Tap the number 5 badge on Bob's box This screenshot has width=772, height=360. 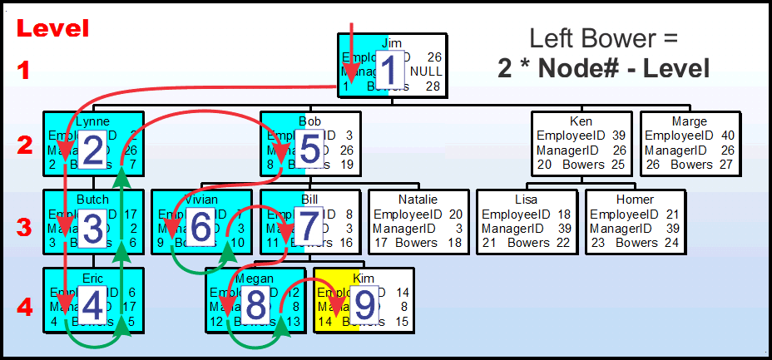(x=309, y=150)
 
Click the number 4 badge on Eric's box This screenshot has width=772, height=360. (x=92, y=305)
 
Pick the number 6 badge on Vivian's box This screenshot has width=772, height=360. (x=200, y=227)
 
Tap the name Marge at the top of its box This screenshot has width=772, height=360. (x=689, y=121)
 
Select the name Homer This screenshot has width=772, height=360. (x=635, y=200)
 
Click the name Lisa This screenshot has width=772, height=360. (x=527, y=200)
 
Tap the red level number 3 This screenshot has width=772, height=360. (x=25, y=226)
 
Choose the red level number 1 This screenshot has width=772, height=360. (x=25, y=71)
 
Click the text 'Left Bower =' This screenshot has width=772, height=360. (x=604, y=38)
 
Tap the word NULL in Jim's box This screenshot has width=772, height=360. (x=426, y=72)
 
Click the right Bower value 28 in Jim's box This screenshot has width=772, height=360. (x=432, y=86)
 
